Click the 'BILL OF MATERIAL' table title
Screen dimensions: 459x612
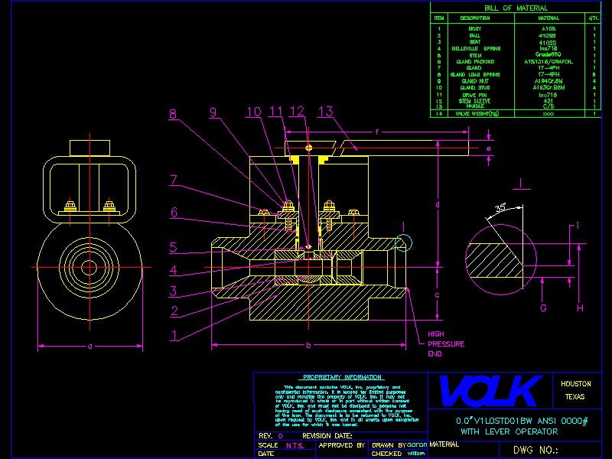[x=522, y=8]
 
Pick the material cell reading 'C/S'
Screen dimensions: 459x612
[x=548, y=106]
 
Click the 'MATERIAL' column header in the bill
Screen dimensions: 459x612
[x=549, y=18]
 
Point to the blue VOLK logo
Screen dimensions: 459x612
[x=490, y=390]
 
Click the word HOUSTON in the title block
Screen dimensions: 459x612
[x=575, y=384]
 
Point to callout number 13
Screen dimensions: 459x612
[x=325, y=112]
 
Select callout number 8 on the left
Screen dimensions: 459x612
[x=174, y=114]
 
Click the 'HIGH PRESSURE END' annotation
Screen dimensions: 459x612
[x=445, y=344]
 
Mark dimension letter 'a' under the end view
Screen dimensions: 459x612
[x=90, y=347]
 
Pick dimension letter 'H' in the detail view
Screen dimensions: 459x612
[x=580, y=308]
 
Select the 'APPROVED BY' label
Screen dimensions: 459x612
[x=336, y=444]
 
